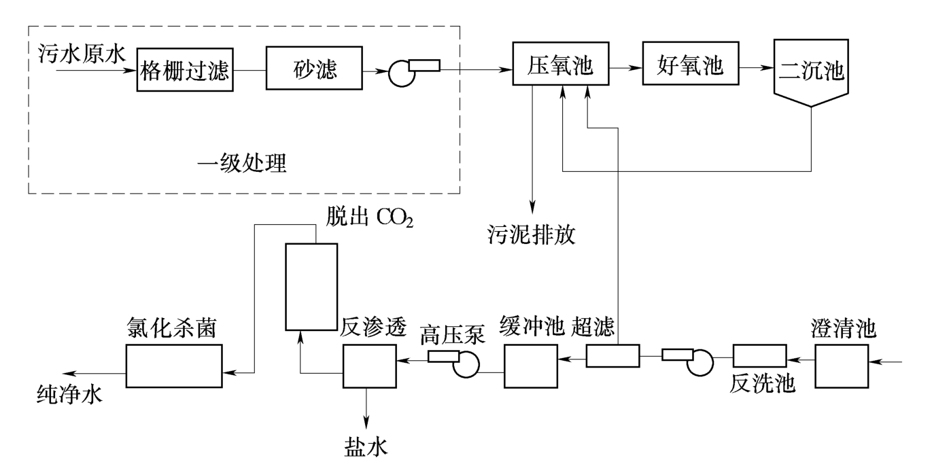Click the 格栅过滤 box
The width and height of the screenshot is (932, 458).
186,70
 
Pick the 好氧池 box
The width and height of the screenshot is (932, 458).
691,65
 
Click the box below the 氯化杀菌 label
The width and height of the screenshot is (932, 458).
174,366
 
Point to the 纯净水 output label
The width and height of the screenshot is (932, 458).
69,395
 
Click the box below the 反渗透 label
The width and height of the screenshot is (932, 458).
369,366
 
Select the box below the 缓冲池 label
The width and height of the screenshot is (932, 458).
530,366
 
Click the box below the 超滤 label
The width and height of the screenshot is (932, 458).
612,355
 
